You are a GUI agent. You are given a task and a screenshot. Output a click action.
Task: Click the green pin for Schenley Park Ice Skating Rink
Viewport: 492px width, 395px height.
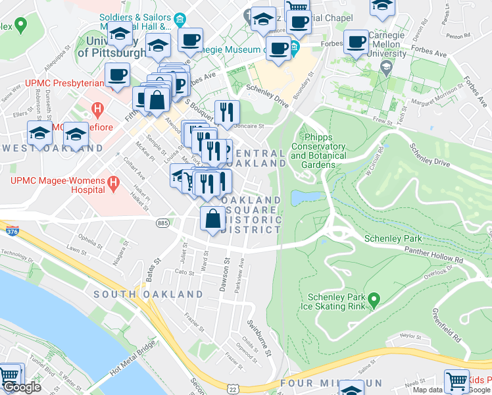click(374, 301)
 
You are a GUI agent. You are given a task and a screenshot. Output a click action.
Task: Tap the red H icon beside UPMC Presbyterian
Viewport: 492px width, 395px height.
click(97, 107)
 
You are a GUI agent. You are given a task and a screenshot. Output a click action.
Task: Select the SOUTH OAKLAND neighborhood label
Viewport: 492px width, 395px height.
click(148, 294)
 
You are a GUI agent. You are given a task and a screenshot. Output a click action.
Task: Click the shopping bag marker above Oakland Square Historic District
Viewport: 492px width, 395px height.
click(212, 219)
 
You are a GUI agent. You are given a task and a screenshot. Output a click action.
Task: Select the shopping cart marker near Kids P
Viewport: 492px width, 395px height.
click(456, 380)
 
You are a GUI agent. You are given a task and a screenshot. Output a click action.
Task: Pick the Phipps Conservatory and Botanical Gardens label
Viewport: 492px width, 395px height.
click(318, 147)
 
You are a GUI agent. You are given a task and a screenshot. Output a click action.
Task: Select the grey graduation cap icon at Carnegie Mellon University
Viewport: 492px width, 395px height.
click(385, 68)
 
